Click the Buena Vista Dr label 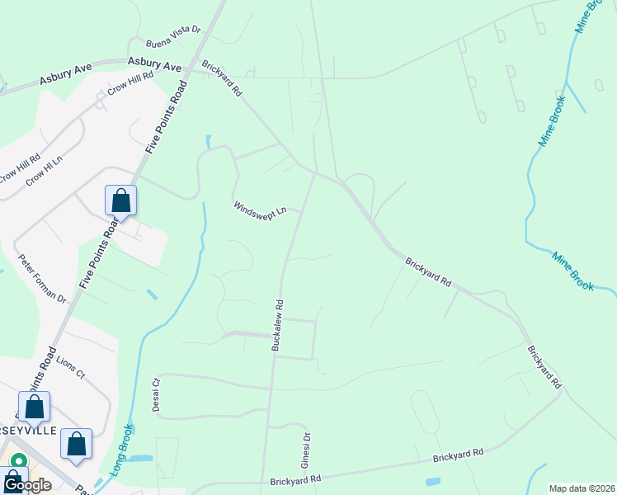click(x=173, y=37)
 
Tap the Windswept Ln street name click(x=259, y=208)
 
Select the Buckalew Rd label click(x=278, y=325)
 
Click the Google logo click(x=26, y=485)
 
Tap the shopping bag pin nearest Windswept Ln click(x=120, y=201)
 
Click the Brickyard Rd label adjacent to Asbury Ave click(x=222, y=79)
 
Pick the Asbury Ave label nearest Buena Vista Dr click(x=154, y=64)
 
